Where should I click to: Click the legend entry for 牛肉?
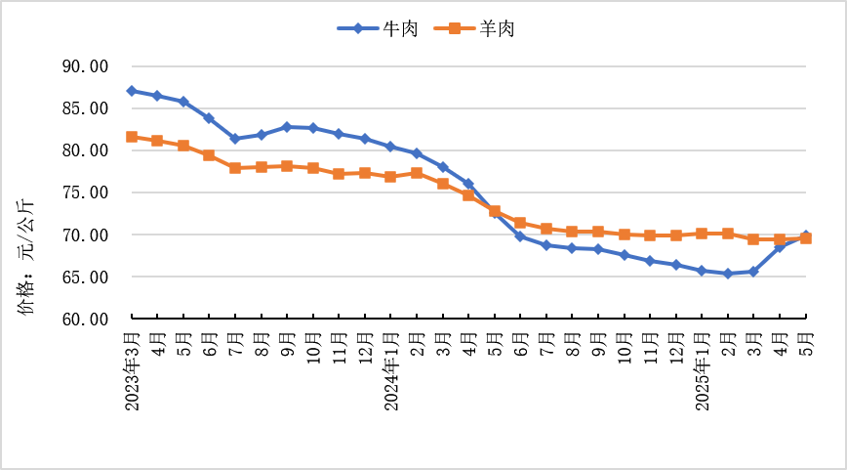pos(379,29)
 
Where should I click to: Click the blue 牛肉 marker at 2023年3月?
pos(132,91)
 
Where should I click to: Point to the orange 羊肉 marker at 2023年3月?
pos(132,137)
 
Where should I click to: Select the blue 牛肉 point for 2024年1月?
pos(391,147)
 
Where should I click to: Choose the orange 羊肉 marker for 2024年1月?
pos(391,177)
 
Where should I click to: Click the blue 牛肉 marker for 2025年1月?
pos(703,271)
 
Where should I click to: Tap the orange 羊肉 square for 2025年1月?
pos(703,234)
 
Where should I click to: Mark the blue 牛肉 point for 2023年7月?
pos(235,139)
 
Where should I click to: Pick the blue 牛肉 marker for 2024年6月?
pos(520,236)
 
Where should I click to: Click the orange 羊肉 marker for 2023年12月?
pos(365,173)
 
